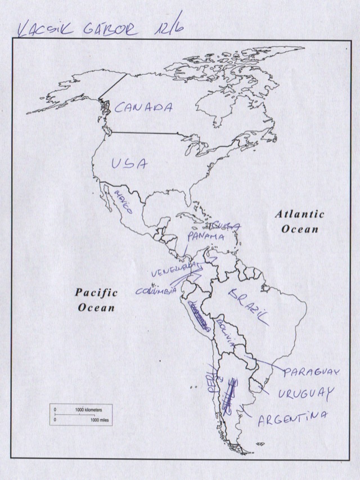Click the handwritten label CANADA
143,107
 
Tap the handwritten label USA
129,164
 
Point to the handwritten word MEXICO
123,202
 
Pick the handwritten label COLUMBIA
157,291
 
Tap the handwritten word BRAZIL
249,307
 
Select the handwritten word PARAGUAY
312,373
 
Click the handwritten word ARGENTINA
292,418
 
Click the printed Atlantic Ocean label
300,221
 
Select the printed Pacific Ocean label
97,300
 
